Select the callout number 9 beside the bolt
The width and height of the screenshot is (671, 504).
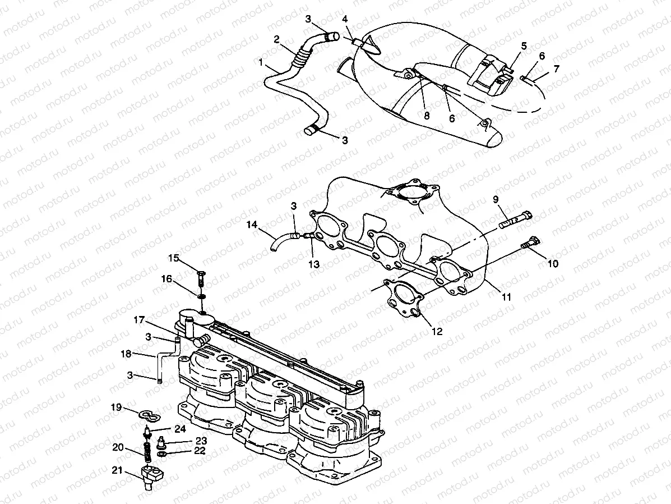496,199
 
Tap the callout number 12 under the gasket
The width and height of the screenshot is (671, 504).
437,332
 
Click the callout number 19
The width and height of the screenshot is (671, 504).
116,407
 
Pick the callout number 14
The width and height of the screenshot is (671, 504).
252,224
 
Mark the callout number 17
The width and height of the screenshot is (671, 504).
138,320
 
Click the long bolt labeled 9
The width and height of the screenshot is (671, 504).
515,219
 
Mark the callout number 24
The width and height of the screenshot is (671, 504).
179,429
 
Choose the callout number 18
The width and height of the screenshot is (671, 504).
127,354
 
